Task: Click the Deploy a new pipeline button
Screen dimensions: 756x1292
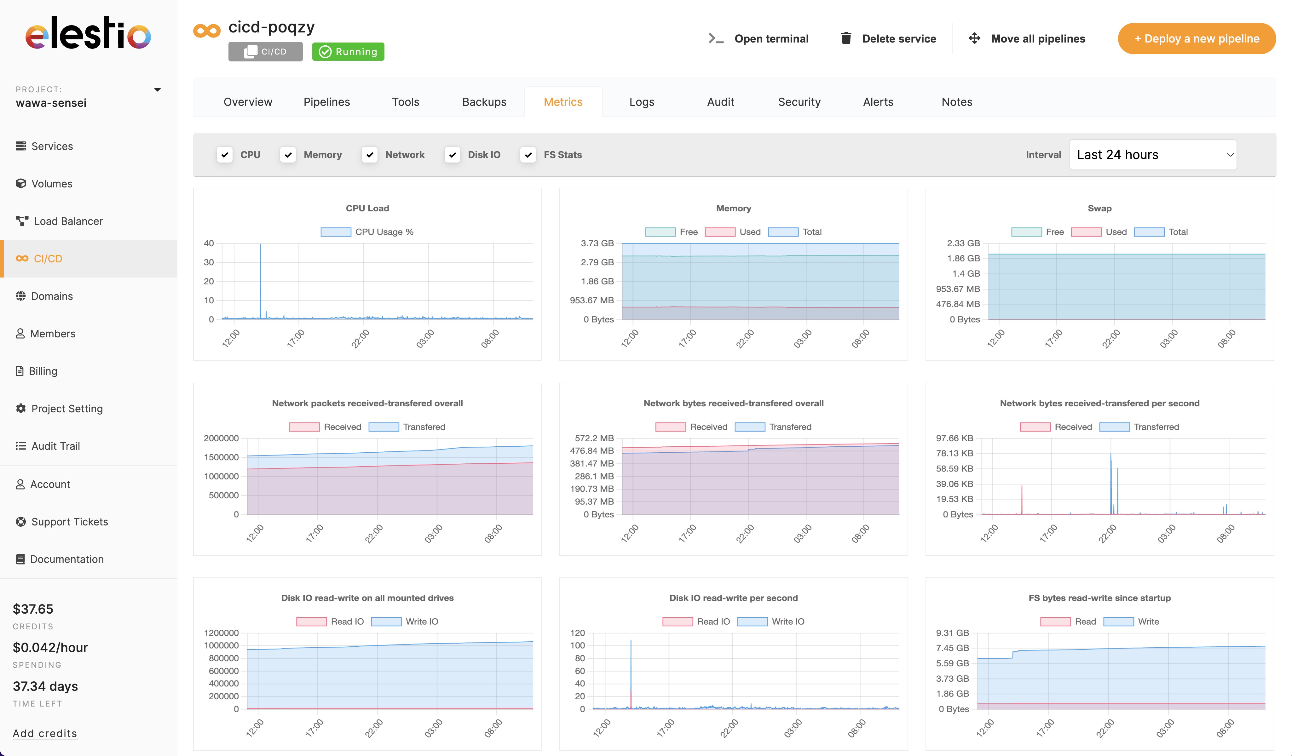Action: click(x=1196, y=38)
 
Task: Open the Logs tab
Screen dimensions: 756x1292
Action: click(x=641, y=102)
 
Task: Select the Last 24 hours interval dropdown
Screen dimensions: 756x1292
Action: click(x=1152, y=155)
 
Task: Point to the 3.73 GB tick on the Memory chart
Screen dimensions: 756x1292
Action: click(x=597, y=243)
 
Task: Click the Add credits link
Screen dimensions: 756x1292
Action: click(x=45, y=733)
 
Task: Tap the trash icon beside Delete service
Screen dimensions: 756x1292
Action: click(x=846, y=38)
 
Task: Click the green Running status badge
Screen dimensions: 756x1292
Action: click(x=348, y=52)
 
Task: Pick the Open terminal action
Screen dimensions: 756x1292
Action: click(x=759, y=38)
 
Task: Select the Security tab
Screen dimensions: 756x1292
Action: click(x=799, y=102)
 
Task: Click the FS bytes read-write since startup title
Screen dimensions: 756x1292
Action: click(x=1099, y=598)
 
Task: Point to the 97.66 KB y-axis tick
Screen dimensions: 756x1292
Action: click(x=954, y=438)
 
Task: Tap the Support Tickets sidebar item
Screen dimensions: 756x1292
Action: click(x=69, y=522)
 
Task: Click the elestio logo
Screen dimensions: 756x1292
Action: click(x=88, y=34)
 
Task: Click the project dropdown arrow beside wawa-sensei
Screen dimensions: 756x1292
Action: click(x=157, y=90)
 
